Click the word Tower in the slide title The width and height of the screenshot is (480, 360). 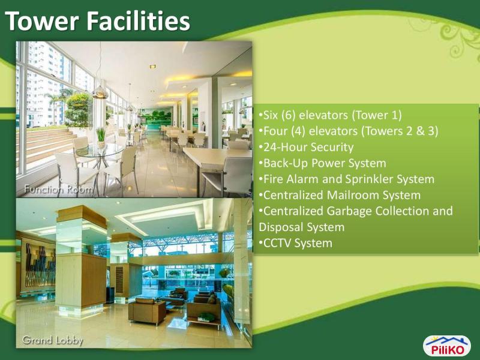41,22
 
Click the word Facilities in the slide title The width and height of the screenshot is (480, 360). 139,22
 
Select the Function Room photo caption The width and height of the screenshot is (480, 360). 58,190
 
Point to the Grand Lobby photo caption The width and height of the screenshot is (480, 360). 53,340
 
